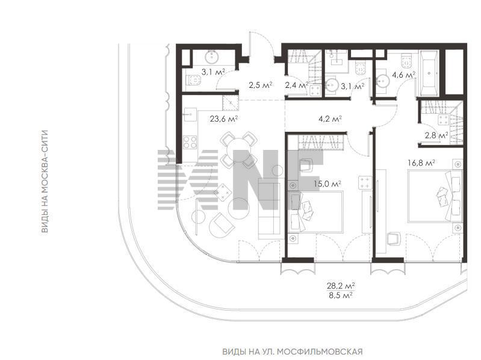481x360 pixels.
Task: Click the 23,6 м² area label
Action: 224,119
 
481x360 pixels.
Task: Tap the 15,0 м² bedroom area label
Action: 327,184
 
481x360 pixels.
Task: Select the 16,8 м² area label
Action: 421,163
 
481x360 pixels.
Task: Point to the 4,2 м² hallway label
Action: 330,119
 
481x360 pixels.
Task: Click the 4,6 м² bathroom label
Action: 404,75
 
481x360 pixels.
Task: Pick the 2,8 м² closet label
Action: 436,135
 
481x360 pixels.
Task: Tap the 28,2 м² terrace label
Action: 341,286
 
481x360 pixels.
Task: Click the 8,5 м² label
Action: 341,295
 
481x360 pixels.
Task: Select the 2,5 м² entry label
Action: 261,85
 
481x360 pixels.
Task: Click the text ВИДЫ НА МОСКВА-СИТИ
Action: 45,182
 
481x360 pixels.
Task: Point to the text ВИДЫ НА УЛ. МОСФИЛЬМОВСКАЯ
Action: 293,351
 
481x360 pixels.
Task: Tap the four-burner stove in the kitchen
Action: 190,142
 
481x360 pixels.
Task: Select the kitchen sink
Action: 190,114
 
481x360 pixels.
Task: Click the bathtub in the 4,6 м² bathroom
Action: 429,73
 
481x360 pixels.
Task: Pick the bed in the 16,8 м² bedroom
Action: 435,196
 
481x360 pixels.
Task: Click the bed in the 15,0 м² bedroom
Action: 315,211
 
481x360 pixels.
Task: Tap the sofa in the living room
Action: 269,209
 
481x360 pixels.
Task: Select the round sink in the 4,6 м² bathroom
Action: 382,81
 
